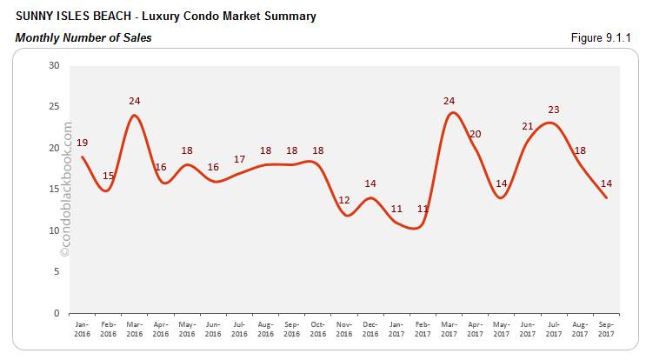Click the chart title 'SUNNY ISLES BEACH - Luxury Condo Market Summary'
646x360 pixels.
point(165,17)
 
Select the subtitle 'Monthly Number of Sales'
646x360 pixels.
point(83,38)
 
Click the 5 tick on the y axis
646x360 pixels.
point(57,271)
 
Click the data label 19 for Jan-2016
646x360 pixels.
point(82,143)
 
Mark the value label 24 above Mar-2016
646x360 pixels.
point(134,101)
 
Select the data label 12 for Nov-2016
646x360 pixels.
point(344,201)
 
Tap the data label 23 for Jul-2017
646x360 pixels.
point(554,110)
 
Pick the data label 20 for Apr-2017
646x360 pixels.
point(475,134)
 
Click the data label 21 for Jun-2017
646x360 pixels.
point(528,126)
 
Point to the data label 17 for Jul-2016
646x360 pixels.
point(239,159)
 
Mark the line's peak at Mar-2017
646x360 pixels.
point(450,113)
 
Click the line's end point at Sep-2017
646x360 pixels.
point(606,198)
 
